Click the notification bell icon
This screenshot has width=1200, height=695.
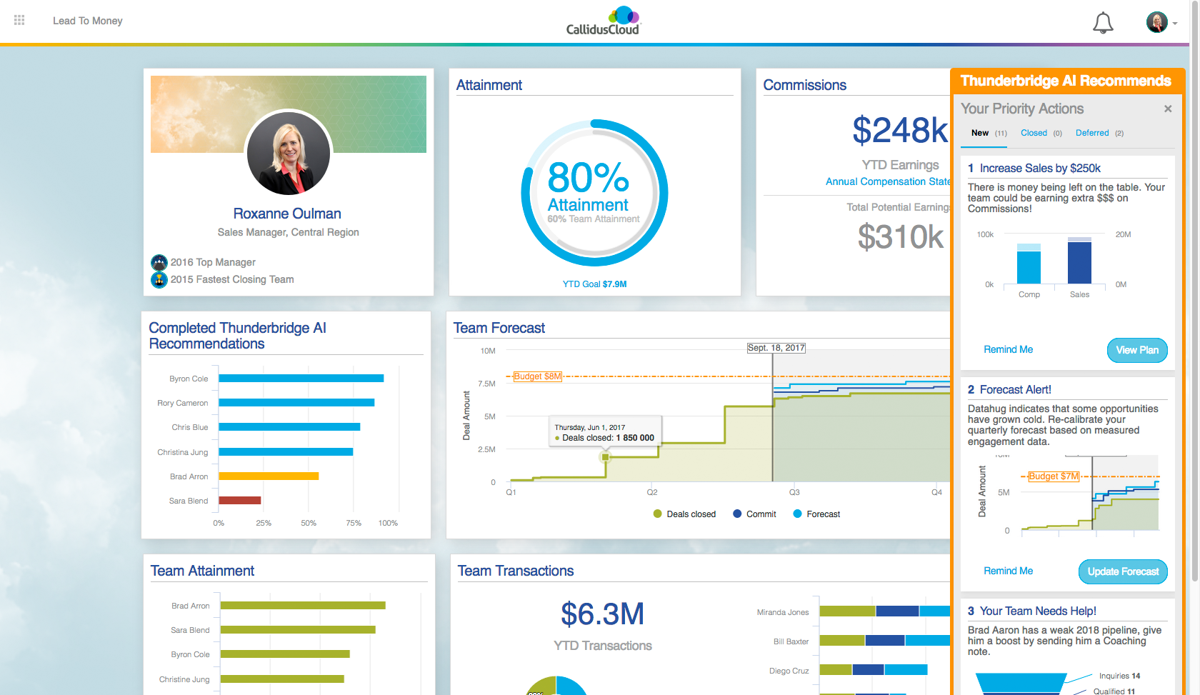pyautogui.click(x=1103, y=23)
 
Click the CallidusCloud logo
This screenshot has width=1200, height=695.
pyautogui.click(x=604, y=21)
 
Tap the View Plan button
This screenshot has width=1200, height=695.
pyautogui.click(x=1137, y=350)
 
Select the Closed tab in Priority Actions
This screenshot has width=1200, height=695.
pyautogui.click(x=1034, y=133)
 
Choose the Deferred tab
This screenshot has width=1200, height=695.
pyautogui.click(x=1092, y=133)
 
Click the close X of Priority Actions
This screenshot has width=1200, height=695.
pyautogui.click(x=1168, y=109)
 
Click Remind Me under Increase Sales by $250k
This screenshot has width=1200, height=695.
pyautogui.click(x=1008, y=349)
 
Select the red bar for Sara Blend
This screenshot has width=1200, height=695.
pyautogui.click(x=240, y=500)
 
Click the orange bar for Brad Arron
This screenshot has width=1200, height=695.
pyautogui.click(x=269, y=476)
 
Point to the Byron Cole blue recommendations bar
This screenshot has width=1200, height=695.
pyautogui.click(x=301, y=379)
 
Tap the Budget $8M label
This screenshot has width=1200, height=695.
pyautogui.click(x=538, y=376)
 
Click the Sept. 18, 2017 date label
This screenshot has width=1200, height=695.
pyautogui.click(x=776, y=348)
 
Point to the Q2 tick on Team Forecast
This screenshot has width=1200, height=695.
pyautogui.click(x=652, y=492)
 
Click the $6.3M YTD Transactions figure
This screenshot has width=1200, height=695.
pyautogui.click(x=602, y=614)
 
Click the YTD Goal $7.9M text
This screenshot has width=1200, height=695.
pyautogui.click(x=594, y=284)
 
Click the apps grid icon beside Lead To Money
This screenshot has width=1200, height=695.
pyautogui.click(x=19, y=21)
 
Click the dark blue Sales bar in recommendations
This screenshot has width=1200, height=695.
pyautogui.click(x=1079, y=262)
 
